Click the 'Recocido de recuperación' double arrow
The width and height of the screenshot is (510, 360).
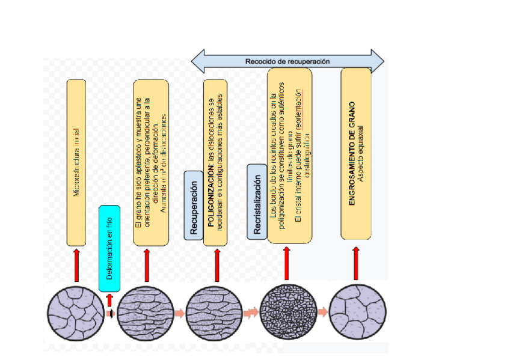coord(287,61)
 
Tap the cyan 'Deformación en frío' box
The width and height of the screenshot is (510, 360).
coord(109,248)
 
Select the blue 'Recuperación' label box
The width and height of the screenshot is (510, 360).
coord(193,205)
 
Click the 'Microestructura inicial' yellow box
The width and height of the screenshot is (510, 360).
coord(76,162)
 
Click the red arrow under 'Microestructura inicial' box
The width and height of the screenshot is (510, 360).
coord(76,265)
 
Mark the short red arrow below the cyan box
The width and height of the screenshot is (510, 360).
coord(109,299)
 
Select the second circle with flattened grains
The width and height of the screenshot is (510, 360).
coord(146,313)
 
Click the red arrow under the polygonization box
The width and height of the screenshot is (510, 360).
coord(217,265)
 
